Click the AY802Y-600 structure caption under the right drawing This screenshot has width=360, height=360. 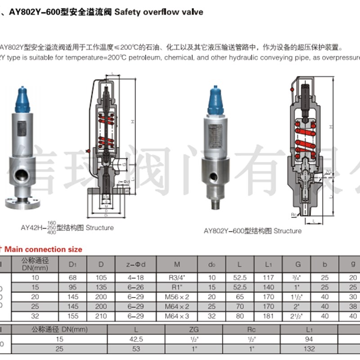tap(252, 231)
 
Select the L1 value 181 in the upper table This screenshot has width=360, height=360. tap(269, 316)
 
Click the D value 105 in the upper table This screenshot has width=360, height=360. tap(101, 278)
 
